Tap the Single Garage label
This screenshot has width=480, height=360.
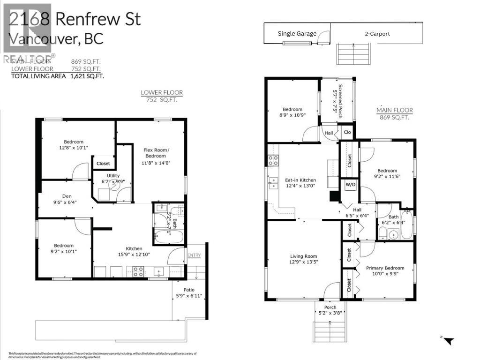tap(297, 34)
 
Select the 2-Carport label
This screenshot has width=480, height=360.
tap(377, 34)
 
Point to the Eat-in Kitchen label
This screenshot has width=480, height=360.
tap(300, 180)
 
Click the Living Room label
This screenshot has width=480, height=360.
tap(303, 256)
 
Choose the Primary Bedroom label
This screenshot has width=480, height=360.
tap(385, 268)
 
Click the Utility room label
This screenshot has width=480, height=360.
tap(113, 175)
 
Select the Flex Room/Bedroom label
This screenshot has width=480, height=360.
tap(155, 153)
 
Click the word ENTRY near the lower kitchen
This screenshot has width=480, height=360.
tap(194, 255)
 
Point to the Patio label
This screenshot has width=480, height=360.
tap(189, 290)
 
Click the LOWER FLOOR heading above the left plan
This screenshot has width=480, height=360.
tap(162, 93)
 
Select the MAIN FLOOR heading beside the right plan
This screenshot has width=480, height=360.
tap(395, 111)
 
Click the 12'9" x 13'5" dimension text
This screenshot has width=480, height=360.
tap(304, 263)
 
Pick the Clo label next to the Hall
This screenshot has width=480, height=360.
tap(347, 133)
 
